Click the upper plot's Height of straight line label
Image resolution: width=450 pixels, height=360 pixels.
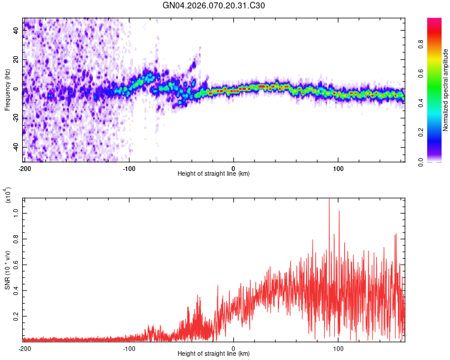coord(214,173)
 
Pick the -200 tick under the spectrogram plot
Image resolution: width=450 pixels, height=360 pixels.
coord(25,168)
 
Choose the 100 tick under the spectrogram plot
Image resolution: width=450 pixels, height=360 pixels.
coord(338,168)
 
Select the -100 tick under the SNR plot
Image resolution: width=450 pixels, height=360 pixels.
coord(129,348)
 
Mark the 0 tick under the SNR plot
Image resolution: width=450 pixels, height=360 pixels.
coord(233,348)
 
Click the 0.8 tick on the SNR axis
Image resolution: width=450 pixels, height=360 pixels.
coord(17,238)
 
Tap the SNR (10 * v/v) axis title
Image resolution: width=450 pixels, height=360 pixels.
coord(7,270)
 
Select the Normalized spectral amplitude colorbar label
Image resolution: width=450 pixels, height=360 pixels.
coord(446,90)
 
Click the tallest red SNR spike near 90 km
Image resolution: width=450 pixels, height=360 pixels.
coord(329,200)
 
